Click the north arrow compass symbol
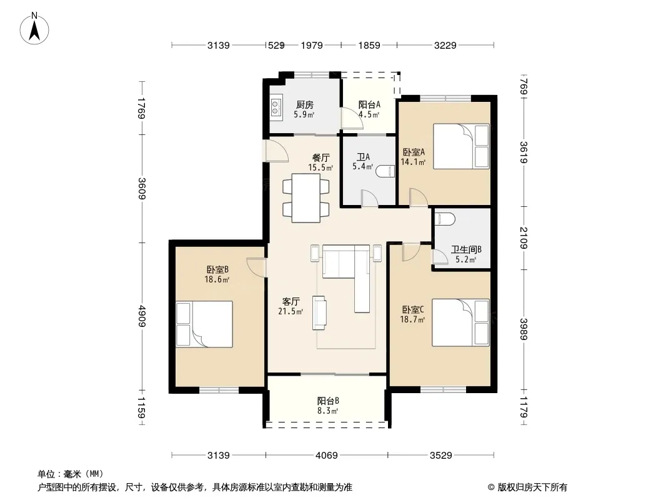pos(34,29)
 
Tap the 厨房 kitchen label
pos(304,104)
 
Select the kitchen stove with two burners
pos(276,107)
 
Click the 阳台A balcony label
pos(369,104)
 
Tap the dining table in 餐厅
pos(306,198)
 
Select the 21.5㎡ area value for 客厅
pos(291,312)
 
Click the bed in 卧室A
pos(461,146)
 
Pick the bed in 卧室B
pos(204,324)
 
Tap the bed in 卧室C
pos(461,322)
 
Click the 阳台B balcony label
pos(328,401)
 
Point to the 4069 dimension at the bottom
pos(327,456)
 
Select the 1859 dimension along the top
pos(369,45)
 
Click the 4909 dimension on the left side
pos(142,316)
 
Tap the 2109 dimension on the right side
pos(524,238)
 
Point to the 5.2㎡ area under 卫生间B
pos(466,259)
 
